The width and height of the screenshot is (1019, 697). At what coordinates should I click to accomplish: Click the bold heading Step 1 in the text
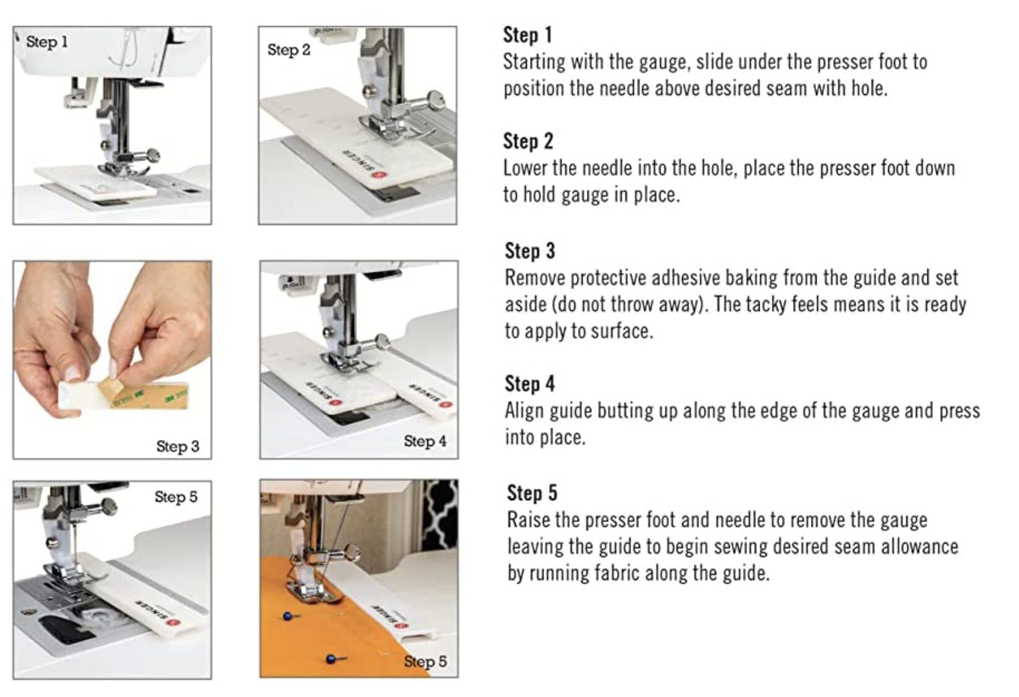coord(527,35)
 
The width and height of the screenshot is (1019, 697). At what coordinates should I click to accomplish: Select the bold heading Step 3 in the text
coord(530,251)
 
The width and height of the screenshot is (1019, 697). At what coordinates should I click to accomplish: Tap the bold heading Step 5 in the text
coord(532,493)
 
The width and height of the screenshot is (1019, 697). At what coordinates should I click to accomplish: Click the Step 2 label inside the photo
coord(289,50)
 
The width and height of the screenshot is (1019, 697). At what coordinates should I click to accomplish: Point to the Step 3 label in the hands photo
coord(178,446)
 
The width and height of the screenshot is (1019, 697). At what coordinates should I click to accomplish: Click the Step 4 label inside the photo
coord(425,441)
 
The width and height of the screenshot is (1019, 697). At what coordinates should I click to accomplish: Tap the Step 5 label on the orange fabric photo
coord(425,662)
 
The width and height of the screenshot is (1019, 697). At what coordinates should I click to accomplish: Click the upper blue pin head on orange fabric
coord(287,617)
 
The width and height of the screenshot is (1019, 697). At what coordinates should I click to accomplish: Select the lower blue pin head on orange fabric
coord(331,659)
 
